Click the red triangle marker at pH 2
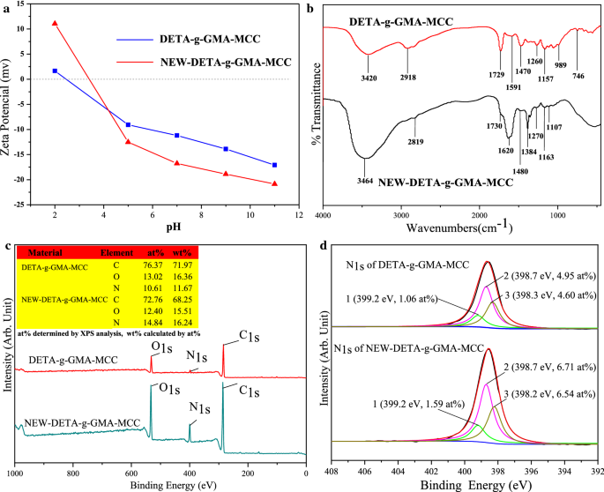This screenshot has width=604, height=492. (55, 23)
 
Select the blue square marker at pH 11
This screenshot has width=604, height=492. (275, 165)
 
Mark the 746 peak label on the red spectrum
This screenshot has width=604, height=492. (578, 76)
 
